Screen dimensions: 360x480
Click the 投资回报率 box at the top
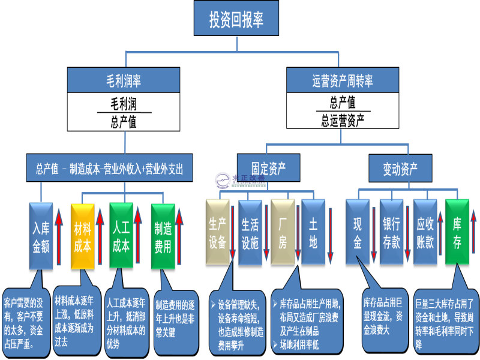click(x=236, y=19)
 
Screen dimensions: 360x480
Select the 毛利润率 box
click(x=123, y=80)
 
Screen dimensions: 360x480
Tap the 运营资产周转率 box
click(x=342, y=80)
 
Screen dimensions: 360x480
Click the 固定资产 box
click(x=268, y=167)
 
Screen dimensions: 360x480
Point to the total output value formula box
click(x=109, y=168)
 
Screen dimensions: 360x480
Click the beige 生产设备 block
click(x=217, y=232)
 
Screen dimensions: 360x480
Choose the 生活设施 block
click(x=250, y=232)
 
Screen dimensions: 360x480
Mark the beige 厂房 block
click(x=283, y=232)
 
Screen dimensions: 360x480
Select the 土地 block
click(x=313, y=232)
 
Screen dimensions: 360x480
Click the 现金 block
click(x=358, y=232)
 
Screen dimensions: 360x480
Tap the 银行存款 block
click(x=391, y=232)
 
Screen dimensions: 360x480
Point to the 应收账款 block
click(x=425, y=232)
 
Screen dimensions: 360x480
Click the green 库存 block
click(x=457, y=232)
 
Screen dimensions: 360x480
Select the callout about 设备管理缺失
click(x=237, y=322)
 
